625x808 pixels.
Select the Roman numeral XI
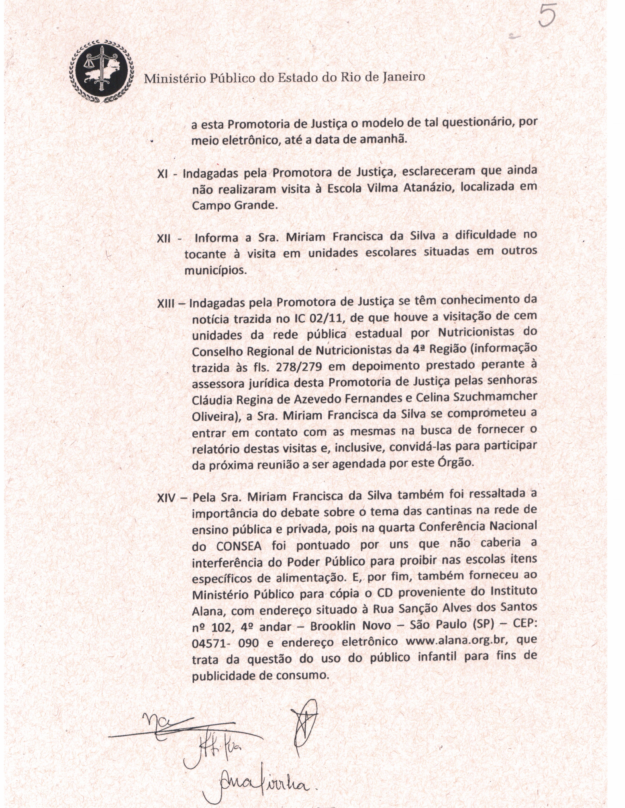(x=163, y=174)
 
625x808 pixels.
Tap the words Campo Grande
(x=234, y=206)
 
